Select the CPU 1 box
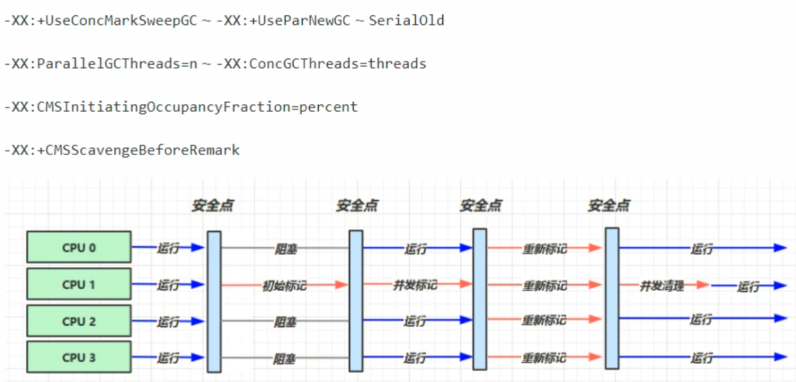click(x=79, y=285)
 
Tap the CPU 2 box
click(x=79, y=321)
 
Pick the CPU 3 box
click(x=79, y=358)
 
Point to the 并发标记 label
click(x=415, y=285)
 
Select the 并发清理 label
click(x=661, y=285)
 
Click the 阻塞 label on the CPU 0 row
click(x=285, y=249)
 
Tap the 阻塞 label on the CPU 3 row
click(x=285, y=359)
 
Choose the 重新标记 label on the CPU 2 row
click(x=544, y=321)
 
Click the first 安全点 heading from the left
click(x=212, y=205)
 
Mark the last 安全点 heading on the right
click(x=608, y=205)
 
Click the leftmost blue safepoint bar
click(x=214, y=301)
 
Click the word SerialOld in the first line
click(x=406, y=21)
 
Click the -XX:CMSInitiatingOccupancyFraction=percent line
click(x=181, y=107)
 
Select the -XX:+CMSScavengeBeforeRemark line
click(x=122, y=150)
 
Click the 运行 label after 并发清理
click(x=748, y=287)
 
